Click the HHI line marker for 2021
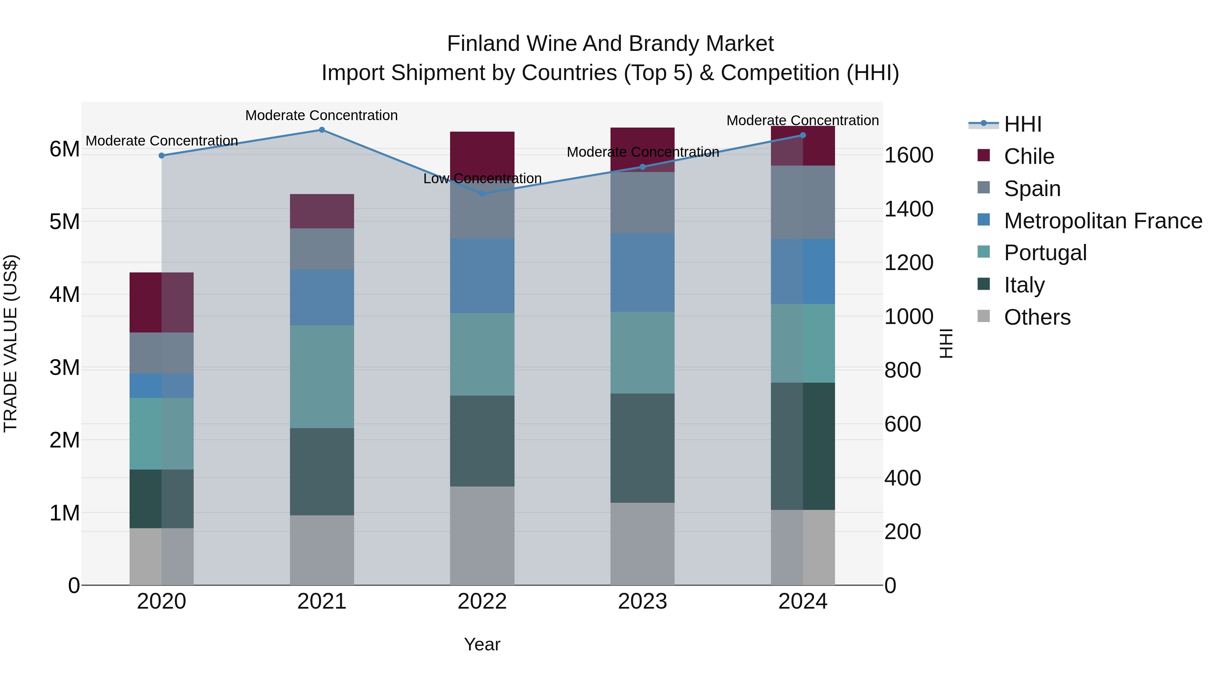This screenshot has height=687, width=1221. click(x=322, y=130)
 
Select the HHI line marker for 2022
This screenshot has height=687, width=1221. click(x=483, y=194)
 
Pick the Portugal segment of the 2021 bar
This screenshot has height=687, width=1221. click(x=322, y=377)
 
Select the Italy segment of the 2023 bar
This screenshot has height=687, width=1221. click(x=642, y=448)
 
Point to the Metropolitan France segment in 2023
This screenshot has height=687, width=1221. click(x=642, y=273)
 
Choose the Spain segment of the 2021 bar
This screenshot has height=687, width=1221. click(x=322, y=249)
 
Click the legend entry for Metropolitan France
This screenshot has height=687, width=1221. click(x=1103, y=221)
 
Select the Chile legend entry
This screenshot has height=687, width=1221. click(x=1029, y=156)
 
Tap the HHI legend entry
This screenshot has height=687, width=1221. click(x=1022, y=124)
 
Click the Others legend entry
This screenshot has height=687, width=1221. click(x=1036, y=317)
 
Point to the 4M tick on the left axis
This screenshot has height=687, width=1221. click(x=64, y=294)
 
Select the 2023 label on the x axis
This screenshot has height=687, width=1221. click(x=642, y=602)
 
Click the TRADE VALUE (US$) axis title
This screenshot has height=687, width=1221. click(x=11, y=343)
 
